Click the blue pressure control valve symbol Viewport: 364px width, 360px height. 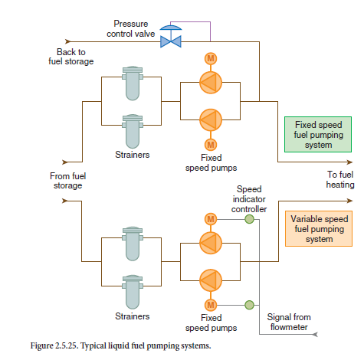click(171, 37)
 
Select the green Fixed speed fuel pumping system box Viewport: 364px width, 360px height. click(318, 135)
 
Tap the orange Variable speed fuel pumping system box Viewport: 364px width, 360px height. click(319, 229)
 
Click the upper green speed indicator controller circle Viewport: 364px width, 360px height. click(249, 219)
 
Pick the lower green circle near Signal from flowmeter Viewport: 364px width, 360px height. click(249, 305)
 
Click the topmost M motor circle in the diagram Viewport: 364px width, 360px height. click(211, 59)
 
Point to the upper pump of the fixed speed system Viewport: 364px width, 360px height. click(211, 83)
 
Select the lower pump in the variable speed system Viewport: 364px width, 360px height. click(211, 280)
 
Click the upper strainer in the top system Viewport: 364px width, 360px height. click(133, 83)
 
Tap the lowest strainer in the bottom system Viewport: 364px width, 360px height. click(133, 292)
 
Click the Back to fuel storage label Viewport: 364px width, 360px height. click(71, 57)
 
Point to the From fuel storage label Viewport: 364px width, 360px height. click(68, 181)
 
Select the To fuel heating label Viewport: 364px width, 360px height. click(340, 179)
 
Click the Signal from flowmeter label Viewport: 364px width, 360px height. click(289, 322)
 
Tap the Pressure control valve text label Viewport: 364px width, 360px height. click(131, 28)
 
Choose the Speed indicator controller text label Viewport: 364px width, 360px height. click(249, 199)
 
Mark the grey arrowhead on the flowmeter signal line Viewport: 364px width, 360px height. click(315, 334)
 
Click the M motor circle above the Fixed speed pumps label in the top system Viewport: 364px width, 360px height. click(211, 145)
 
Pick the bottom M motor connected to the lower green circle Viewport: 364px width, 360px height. click(211, 305)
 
